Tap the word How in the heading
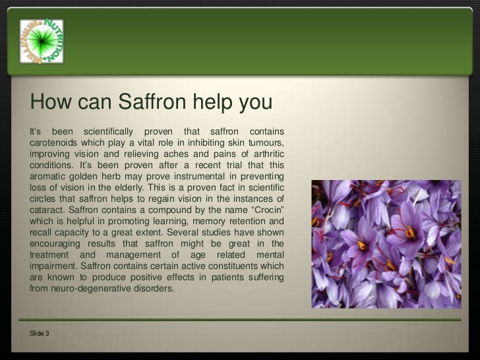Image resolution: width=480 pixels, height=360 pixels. (x=51, y=103)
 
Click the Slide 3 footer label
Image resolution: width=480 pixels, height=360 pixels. (x=40, y=334)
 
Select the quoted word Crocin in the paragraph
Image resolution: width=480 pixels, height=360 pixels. (x=263, y=211)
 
